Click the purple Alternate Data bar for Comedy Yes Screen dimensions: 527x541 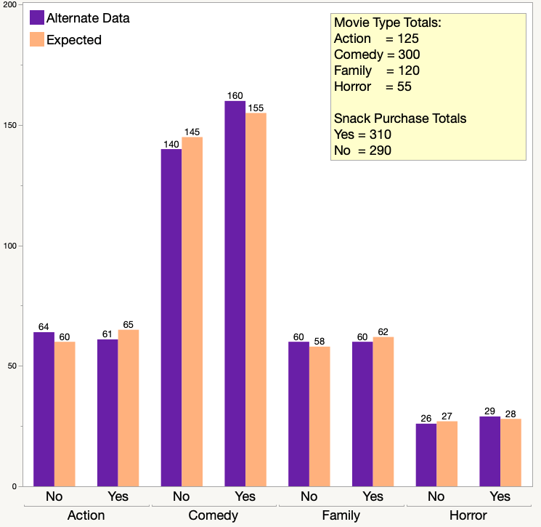(235, 294)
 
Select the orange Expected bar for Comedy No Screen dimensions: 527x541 (192, 312)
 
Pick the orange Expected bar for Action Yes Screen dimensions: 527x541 (129, 408)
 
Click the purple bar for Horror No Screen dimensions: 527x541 (426, 455)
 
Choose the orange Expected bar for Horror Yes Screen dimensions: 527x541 (511, 452)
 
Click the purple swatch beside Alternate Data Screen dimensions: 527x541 (36, 18)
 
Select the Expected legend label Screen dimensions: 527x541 (74, 40)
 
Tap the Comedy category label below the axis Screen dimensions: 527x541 (213, 515)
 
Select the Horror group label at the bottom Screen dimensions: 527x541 (468, 515)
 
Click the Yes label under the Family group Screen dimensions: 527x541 (373, 496)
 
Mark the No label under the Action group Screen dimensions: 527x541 (54, 496)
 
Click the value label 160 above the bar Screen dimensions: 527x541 (235, 95)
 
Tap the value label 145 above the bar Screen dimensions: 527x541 (192, 132)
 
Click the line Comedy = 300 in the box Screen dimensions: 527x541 (377, 55)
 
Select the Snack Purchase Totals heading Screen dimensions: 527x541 (400, 118)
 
